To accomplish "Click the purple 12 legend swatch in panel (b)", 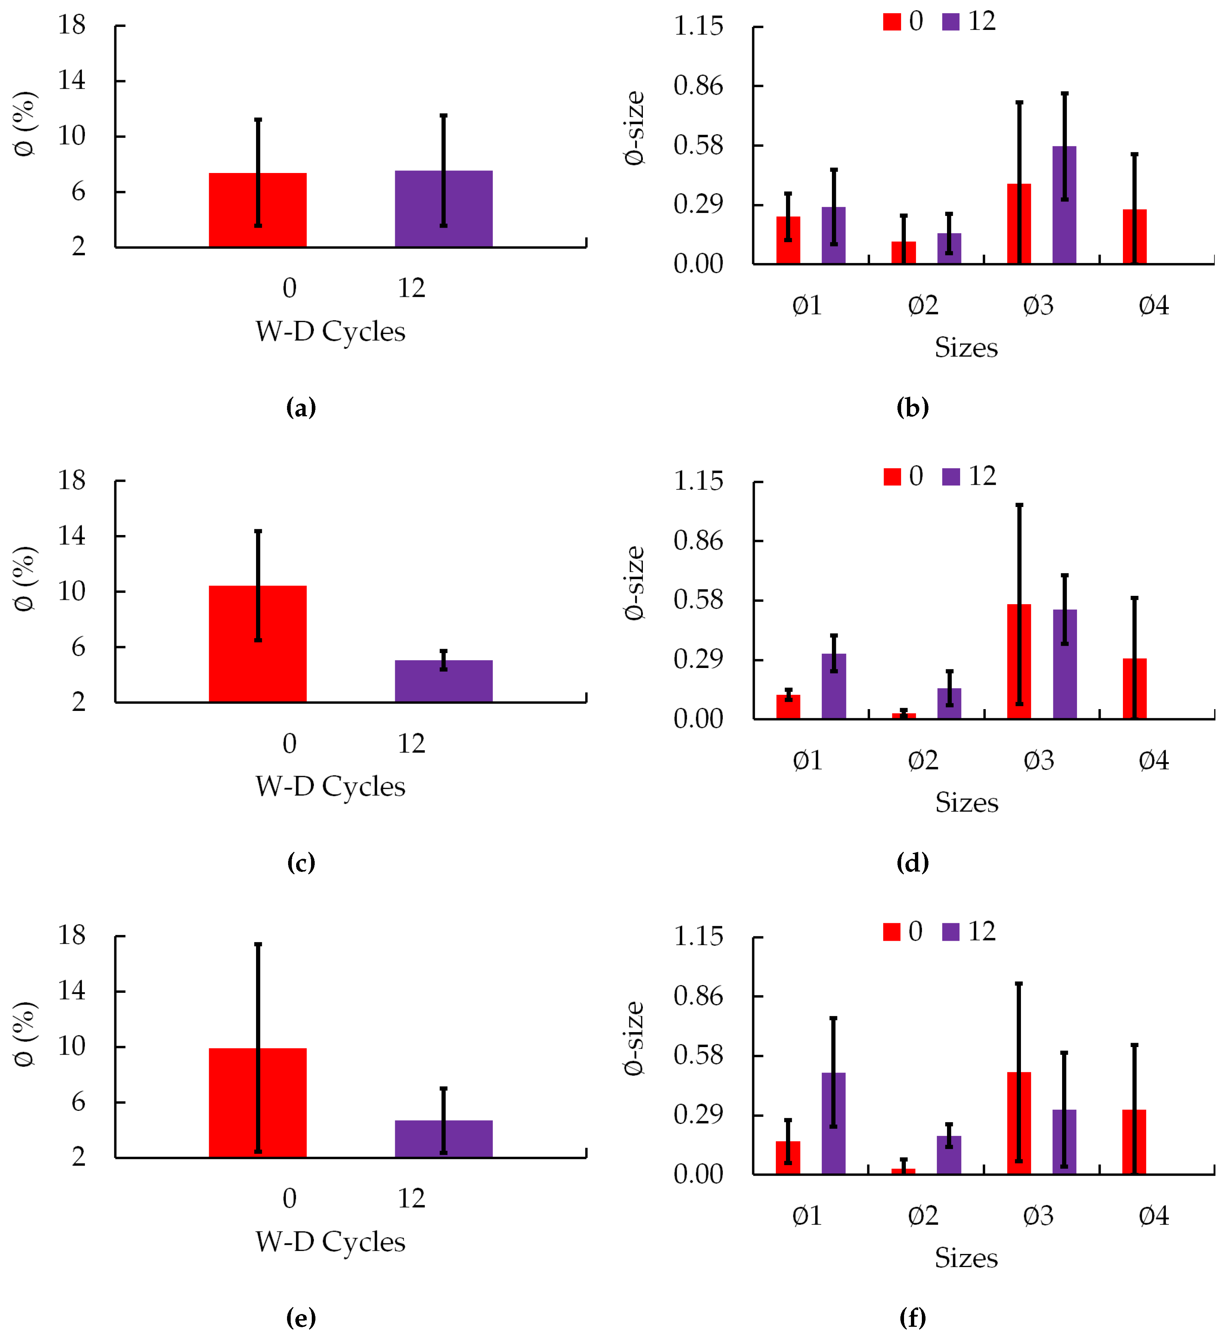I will [x=951, y=22].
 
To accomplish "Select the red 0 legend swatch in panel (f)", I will [x=891, y=932].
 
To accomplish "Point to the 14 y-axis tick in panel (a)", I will [x=72, y=80].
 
